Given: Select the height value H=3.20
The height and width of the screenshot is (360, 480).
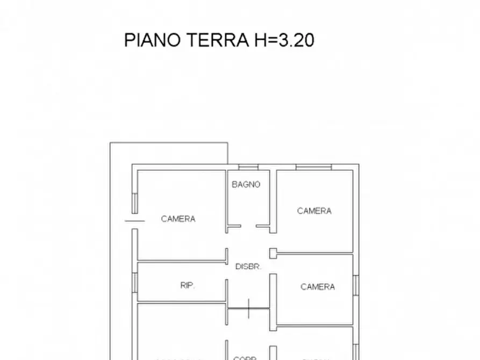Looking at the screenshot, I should pos(283,40).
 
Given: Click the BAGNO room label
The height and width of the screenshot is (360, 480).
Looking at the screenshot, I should pos(246,184).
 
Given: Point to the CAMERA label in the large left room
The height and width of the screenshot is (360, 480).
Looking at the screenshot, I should pos(178,219).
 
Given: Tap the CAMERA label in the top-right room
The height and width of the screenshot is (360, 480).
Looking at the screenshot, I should pos(314,211).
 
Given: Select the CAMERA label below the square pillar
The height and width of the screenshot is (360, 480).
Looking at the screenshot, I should pos(317,287).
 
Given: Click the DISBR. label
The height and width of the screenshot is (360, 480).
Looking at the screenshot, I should pos(248,267).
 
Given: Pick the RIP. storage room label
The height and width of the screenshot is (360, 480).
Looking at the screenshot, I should pos(188,286).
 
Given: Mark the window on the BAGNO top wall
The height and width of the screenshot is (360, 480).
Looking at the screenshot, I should pos(248,167).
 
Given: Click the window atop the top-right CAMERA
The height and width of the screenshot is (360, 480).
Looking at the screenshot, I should pos(314,167).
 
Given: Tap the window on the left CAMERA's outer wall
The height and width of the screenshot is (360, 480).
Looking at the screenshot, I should pos(134,203).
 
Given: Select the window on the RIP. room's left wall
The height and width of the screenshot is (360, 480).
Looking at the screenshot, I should pos(135,282).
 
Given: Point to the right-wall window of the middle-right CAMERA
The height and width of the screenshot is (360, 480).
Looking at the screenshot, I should pos(356,285).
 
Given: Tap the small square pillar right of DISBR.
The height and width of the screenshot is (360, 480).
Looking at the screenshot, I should pos(273,251).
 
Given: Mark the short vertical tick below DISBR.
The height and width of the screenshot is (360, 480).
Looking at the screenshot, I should pos(249,308).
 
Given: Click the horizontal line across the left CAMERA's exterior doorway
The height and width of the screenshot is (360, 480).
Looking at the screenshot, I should pos(134,220).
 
